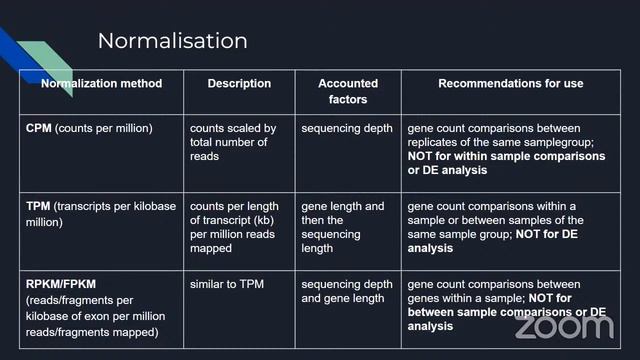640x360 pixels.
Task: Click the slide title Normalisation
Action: (x=172, y=41)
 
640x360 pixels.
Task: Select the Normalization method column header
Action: (x=101, y=84)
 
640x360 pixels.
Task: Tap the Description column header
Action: (x=239, y=84)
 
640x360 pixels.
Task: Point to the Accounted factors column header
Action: (x=348, y=91)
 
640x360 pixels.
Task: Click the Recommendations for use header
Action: (x=510, y=84)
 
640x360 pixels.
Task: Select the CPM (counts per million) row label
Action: (x=89, y=129)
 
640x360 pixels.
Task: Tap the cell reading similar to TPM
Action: (x=228, y=284)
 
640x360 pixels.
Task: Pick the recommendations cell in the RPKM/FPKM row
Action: (x=505, y=304)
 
